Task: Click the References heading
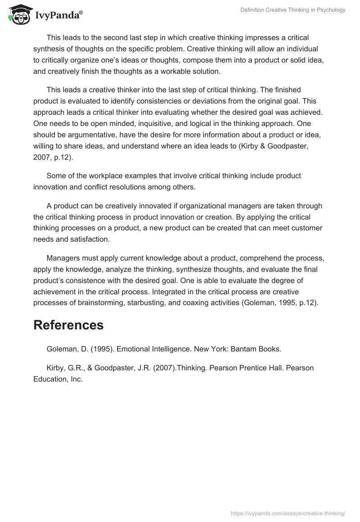point(68,325)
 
